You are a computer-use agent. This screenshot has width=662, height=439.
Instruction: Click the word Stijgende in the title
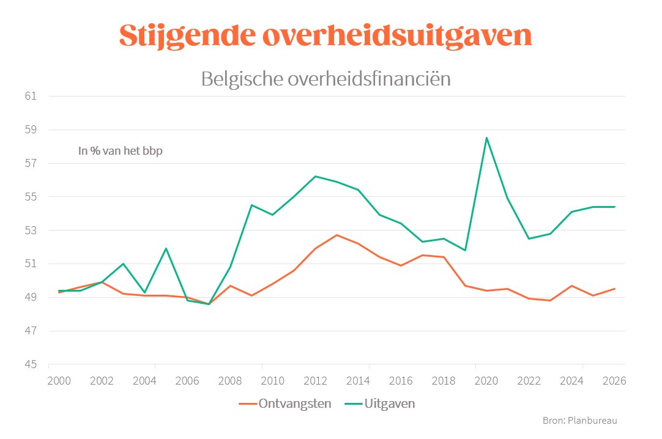pos(185,37)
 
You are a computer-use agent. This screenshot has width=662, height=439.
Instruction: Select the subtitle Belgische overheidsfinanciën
pos(325,79)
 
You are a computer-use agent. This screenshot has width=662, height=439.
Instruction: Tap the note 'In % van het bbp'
pos(120,151)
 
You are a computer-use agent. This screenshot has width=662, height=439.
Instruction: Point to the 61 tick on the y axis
pos(31,97)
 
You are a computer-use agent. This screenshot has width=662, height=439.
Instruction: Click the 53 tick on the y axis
pos(31,231)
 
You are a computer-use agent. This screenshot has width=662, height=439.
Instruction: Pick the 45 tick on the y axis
pos(31,365)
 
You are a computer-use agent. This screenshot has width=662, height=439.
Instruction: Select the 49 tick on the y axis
pos(31,298)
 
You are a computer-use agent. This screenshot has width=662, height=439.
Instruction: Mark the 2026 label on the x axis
pos(614,380)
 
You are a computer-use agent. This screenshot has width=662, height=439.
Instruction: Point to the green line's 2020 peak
pos(487,138)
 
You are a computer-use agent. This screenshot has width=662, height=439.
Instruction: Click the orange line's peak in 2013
pos(337,235)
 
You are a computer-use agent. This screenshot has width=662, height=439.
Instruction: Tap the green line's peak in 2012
pos(315,176)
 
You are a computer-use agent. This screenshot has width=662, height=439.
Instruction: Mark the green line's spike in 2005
pos(166,248)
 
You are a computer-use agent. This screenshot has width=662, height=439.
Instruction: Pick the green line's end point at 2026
pos(615,207)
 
